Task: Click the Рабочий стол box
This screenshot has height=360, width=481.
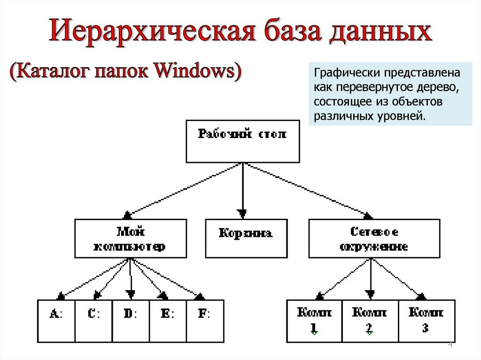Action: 242,141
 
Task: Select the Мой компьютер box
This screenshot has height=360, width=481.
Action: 128,239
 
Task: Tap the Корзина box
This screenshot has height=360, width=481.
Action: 246,239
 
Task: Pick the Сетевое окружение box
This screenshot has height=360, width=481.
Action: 374,239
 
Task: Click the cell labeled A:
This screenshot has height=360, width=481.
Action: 56,321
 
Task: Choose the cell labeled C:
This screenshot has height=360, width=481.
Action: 93,321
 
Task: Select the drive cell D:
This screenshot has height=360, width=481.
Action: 131,321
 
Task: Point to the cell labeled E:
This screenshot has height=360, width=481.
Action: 168,321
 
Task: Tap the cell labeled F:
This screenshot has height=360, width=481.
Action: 205,321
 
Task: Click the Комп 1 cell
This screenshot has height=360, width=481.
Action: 314,321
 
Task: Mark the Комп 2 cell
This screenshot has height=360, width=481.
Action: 370,321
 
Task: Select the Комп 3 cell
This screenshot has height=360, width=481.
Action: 426,321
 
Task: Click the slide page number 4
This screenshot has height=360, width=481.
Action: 450,345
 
